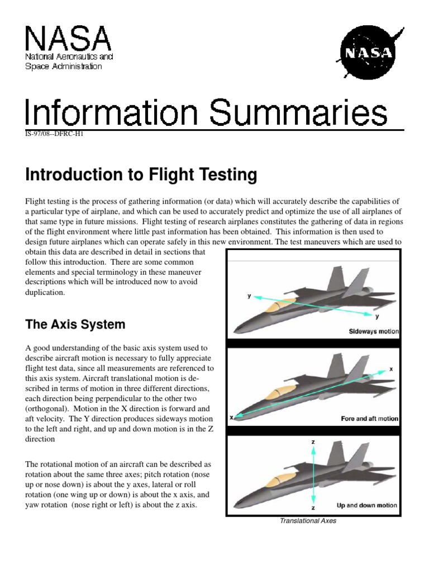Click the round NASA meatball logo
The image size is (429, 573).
[366, 54]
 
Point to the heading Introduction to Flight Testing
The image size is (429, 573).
[141, 176]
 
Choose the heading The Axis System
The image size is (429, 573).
[75, 325]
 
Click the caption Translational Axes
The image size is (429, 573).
[308, 521]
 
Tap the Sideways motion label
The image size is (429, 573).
[374, 331]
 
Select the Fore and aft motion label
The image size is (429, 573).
[369, 418]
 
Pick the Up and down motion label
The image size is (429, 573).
[367, 505]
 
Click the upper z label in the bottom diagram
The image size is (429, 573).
[313, 442]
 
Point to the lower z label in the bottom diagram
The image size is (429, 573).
[313, 508]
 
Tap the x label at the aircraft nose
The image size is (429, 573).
[231, 417]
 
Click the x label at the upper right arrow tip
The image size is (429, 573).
[391, 369]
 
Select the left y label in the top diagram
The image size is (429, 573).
[249, 296]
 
